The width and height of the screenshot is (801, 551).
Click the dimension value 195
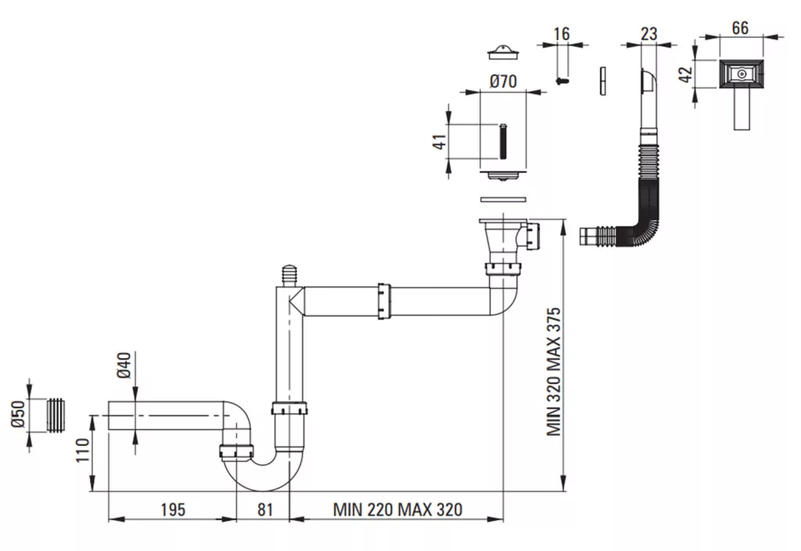173,510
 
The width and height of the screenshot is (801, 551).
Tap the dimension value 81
264,510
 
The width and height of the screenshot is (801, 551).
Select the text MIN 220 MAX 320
397,510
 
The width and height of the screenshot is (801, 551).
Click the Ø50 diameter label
18,415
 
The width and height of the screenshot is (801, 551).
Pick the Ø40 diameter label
124,365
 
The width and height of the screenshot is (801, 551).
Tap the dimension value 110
83,451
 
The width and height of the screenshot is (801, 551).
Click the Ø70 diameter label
503,81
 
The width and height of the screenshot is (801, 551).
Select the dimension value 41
440,142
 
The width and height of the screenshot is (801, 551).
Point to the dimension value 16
562,34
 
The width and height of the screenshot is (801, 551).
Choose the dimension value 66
740,27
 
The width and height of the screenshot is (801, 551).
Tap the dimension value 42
688,74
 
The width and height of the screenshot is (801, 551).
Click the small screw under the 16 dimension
562,81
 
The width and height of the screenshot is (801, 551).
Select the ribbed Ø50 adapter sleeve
57,415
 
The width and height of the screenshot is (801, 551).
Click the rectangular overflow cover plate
742,74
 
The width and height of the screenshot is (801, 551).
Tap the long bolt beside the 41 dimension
503,142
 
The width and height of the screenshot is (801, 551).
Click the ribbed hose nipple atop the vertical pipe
289,275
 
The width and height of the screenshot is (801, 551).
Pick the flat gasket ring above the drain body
504,200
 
